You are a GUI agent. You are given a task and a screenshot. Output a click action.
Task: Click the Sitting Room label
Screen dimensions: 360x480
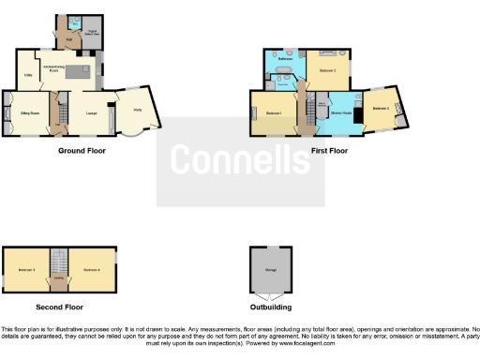point(30,112)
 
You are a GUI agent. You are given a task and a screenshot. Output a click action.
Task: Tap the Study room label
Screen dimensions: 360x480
point(138,110)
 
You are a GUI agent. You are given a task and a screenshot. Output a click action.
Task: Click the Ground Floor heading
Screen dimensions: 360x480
point(82,150)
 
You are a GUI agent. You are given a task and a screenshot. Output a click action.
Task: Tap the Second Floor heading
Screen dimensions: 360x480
point(60,306)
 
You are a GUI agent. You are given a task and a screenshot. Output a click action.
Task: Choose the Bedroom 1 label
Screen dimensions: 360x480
point(273,113)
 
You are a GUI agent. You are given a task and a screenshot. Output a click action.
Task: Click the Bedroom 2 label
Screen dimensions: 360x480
point(327,70)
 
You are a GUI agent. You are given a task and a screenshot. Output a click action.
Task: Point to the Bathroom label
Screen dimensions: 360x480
point(287,59)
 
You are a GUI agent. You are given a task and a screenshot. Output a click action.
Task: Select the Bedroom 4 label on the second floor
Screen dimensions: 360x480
point(91,270)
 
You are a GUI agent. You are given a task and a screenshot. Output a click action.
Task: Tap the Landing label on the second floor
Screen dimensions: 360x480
point(59,277)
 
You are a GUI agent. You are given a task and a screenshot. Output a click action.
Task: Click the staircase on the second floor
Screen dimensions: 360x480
point(59,260)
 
